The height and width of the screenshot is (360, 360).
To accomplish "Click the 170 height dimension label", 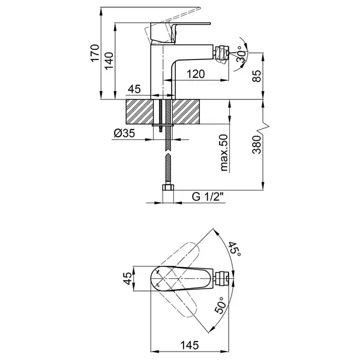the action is [x=95, y=53].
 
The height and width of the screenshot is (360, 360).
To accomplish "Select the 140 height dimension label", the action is [x=109, y=61].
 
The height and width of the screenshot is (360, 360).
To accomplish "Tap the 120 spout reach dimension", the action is [x=196, y=74].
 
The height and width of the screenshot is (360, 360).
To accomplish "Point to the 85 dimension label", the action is [x=257, y=76].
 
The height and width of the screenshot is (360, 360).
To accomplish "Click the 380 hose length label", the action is [x=257, y=145].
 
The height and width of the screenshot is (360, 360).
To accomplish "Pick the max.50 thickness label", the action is [x=224, y=153].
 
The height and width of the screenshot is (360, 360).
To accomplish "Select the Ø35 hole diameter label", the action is [x=124, y=133].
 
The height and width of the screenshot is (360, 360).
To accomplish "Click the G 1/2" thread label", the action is [x=208, y=197].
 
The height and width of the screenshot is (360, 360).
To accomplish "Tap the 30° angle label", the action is [x=242, y=54].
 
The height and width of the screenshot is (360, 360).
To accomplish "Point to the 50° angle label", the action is [x=221, y=305].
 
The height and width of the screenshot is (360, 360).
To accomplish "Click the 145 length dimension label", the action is [x=190, y=345].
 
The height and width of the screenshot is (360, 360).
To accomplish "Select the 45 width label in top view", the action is [x=128, y=278].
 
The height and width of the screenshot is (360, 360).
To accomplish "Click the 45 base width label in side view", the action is [x=134, y=89].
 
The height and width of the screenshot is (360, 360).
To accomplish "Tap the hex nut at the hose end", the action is [x=168, y=187].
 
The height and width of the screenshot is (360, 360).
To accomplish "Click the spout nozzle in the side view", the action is [x=221, y=53].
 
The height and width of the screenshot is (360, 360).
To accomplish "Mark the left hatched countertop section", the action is [x=139, y=112].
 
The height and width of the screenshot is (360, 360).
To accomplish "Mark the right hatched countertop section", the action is [x=186, y=112].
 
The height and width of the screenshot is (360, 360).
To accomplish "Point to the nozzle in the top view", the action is [x=221, y=278].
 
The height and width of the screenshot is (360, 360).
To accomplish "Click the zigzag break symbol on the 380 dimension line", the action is [x=263, y=129].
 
